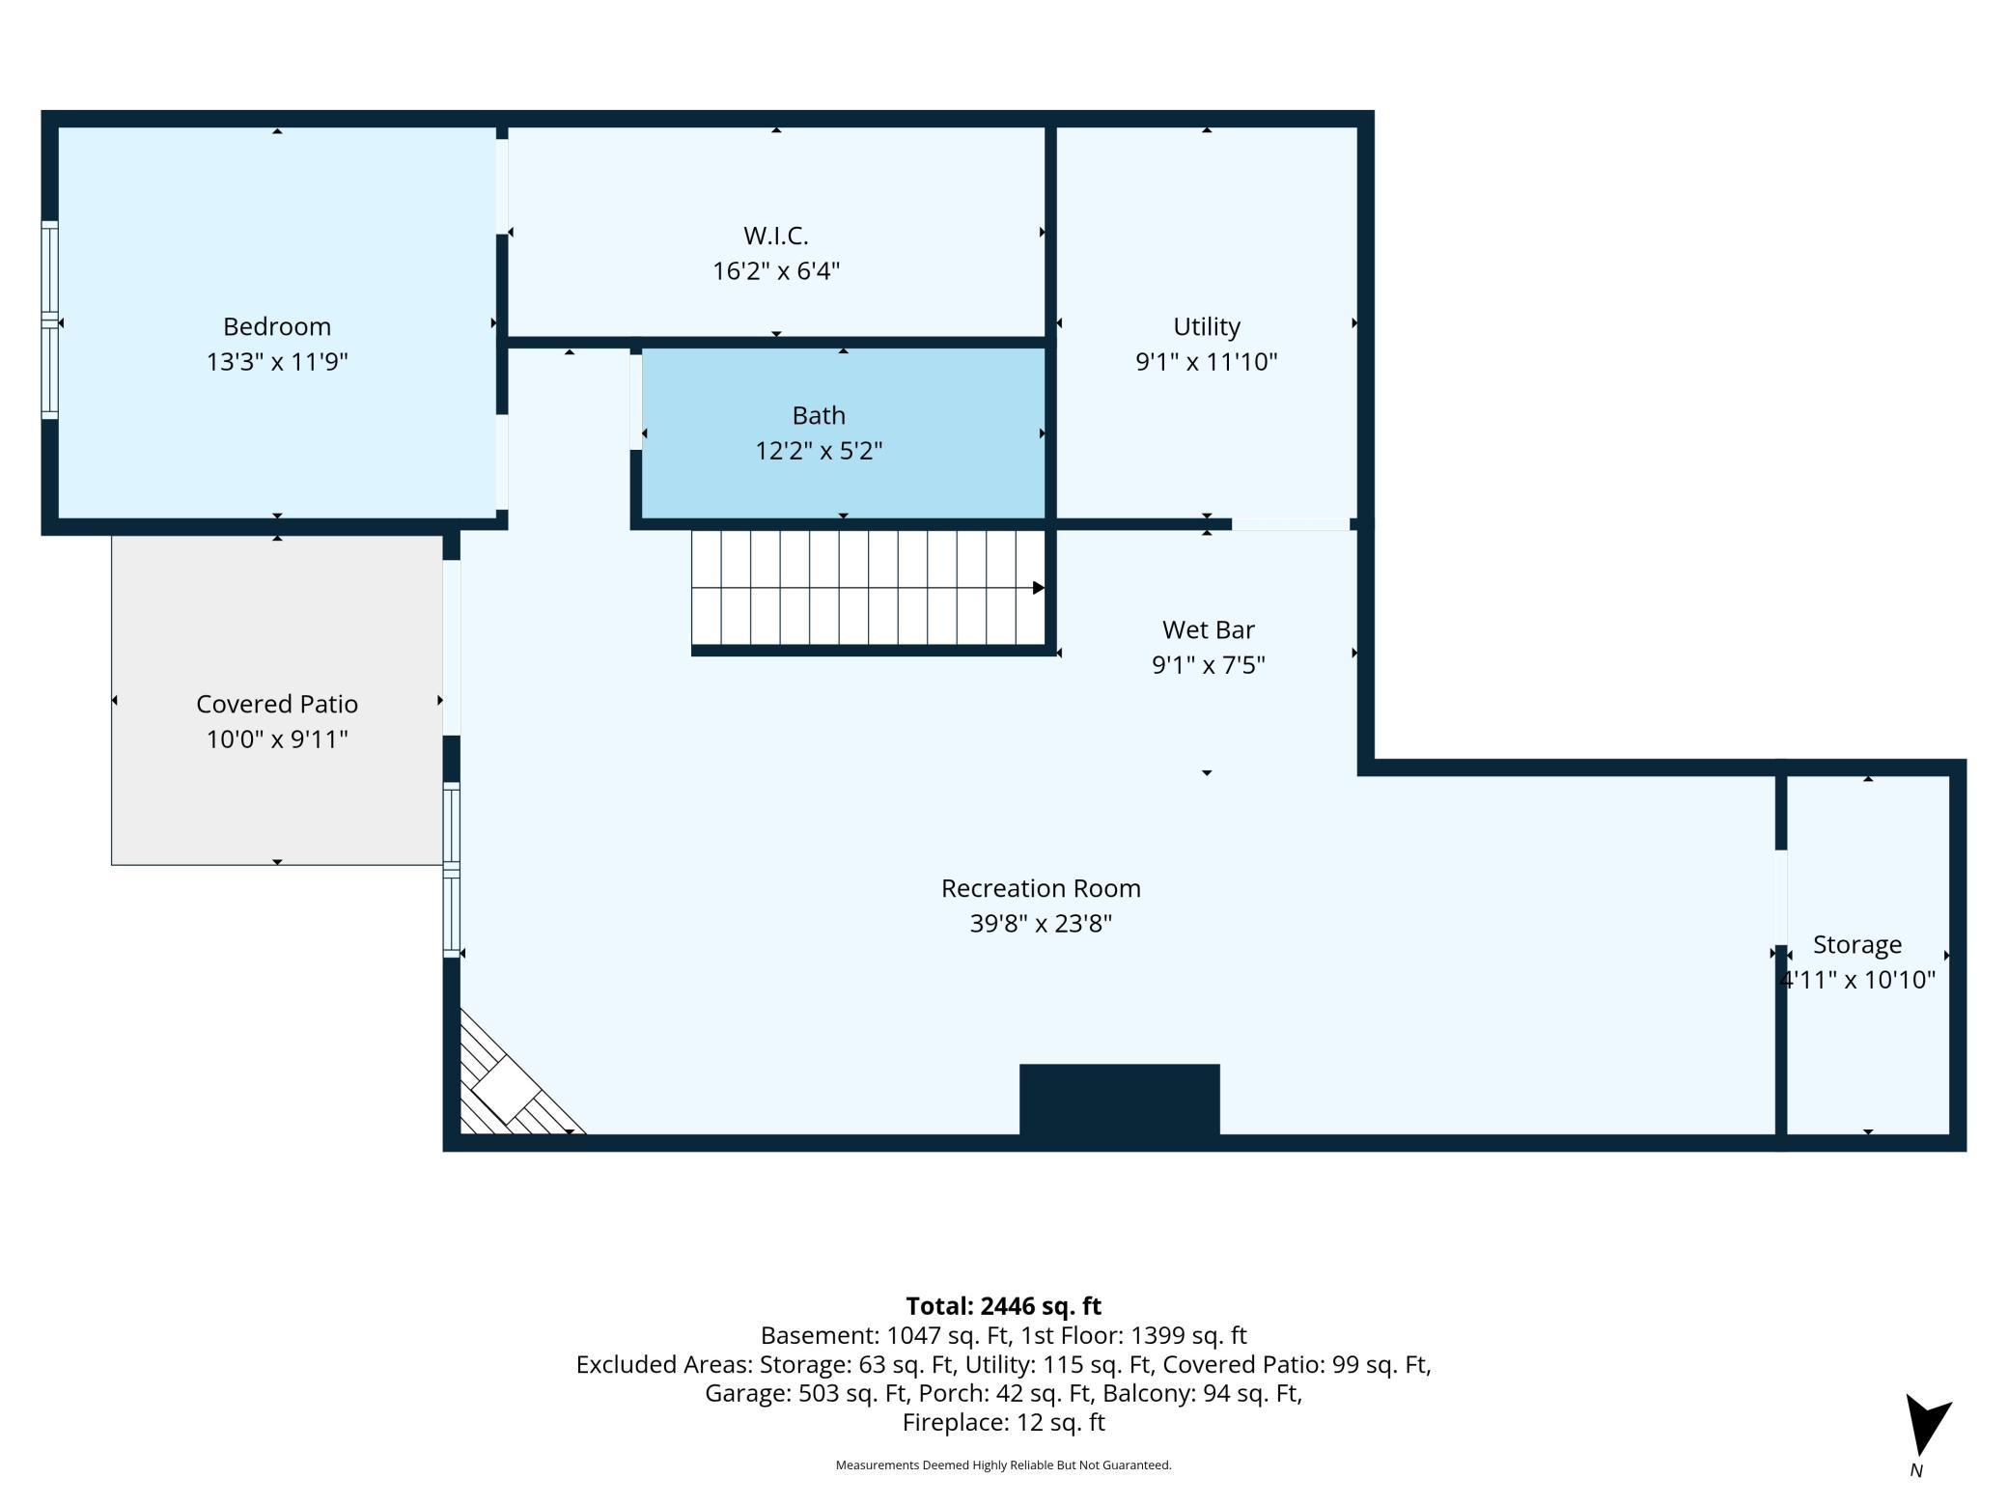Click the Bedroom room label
tap(277, 326)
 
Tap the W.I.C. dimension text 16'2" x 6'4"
tap(776, 270)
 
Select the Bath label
tap(819, 415)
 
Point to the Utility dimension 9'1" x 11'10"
tap(1207, 361)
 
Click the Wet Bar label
tap(1209, 629)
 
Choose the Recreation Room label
tap(1041, 888)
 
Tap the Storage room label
tap(1857, 944)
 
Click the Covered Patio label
tap(277, 704)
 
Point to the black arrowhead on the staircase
tap(1039, 588)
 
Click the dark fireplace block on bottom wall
tap(1120, 1100)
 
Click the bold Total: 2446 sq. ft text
tap(1004, 1306)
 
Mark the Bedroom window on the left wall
tap(49, 320)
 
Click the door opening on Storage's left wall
tap(1781, 897)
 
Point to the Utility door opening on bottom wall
tap(1291, 524)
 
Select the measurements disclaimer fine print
tap(1004, 1464)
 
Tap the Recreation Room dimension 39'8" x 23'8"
tap(1041, 923)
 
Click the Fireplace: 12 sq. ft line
tap(1004, 1422)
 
